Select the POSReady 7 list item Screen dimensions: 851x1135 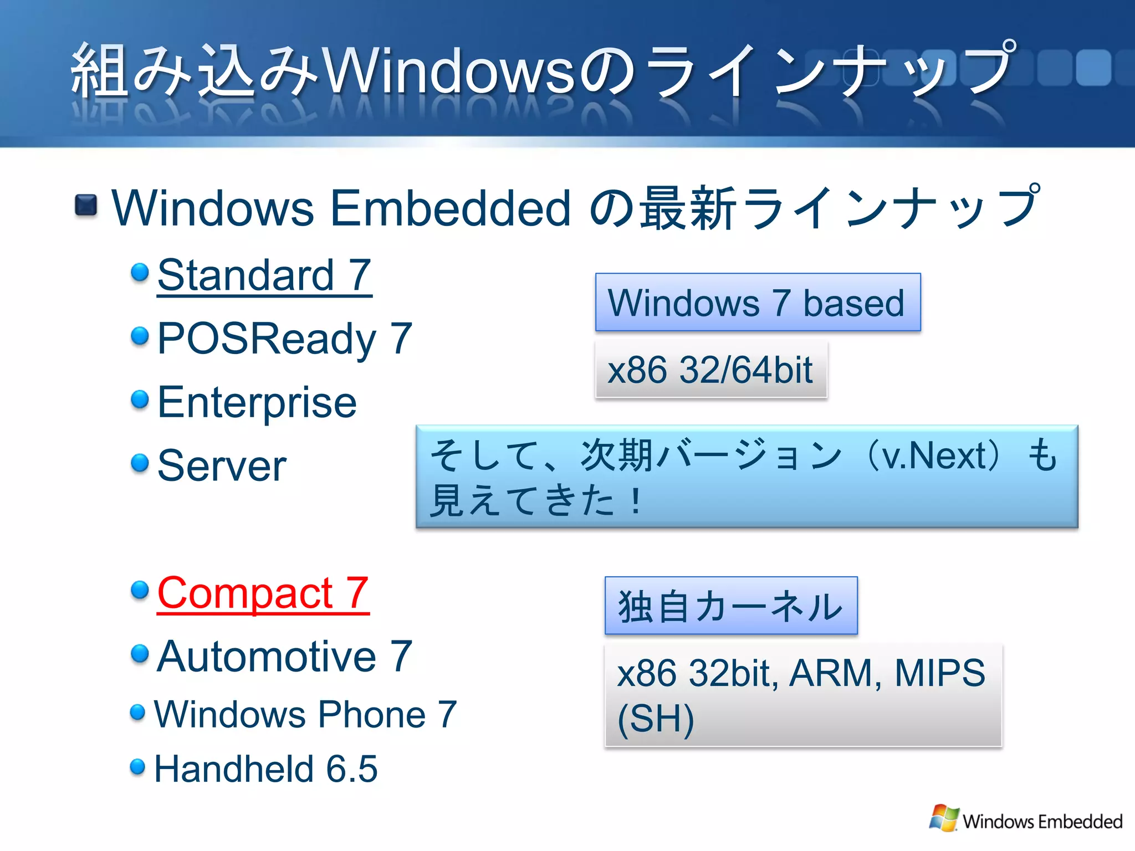pos(284,339)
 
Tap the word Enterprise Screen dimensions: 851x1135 pos(257,402)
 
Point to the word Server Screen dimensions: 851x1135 pos(222,466)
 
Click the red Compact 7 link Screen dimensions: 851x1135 pos(263,593)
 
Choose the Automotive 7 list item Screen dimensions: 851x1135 pos(284,657)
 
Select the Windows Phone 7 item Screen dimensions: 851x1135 pos(305,714)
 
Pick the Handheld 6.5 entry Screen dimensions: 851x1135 pos(265,769)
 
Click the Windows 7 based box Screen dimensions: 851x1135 pos(758,303)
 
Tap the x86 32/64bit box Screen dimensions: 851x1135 pos(710,370)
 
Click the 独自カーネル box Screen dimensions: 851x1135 pos(730,606)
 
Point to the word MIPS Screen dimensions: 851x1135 pos(940,673)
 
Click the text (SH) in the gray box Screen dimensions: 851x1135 pos(656,719)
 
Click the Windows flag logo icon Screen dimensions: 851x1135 pos(944,818)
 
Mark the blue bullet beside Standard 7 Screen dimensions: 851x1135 pos(140,272)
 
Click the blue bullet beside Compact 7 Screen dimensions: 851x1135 pos(140,590)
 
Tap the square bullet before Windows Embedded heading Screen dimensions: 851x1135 pos(86,206)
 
